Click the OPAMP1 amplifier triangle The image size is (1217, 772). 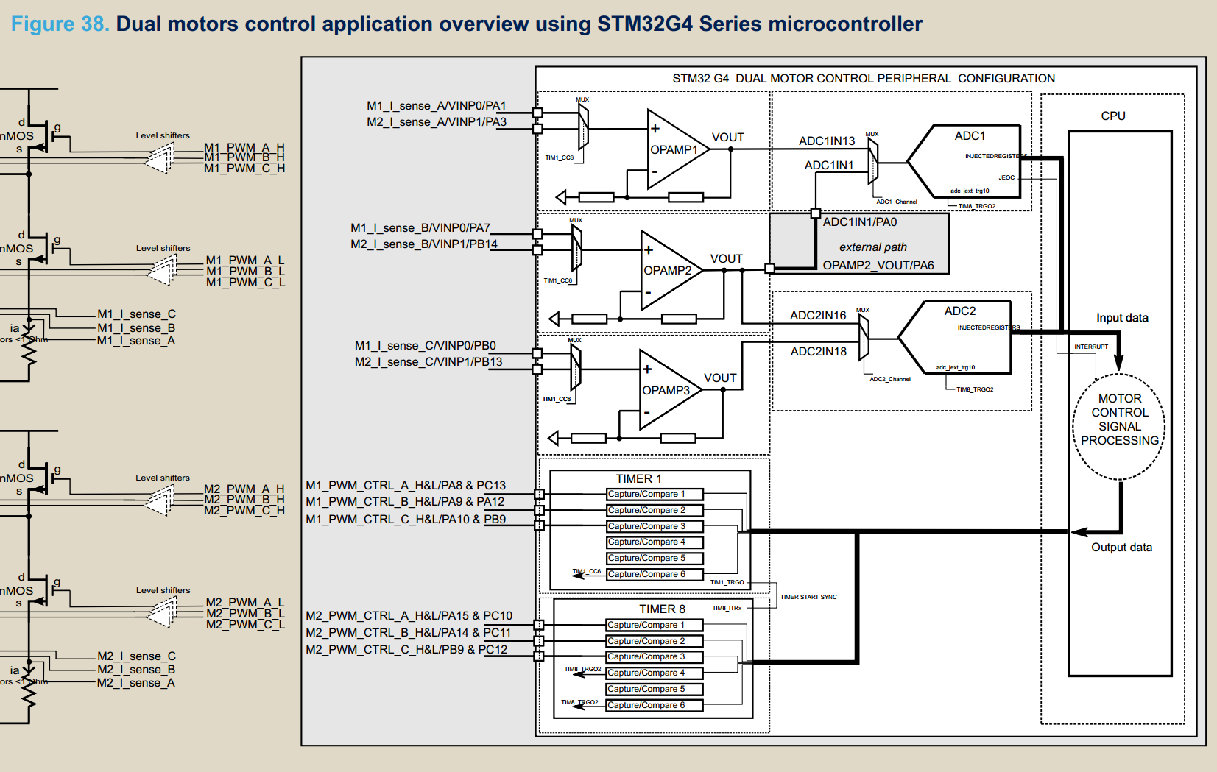(674, 149)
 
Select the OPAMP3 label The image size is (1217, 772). (666, 390)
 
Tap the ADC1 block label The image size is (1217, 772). (970, 136)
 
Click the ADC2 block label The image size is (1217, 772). (960, 311)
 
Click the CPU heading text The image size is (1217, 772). (1112, 116)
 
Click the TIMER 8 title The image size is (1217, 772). (662, 609)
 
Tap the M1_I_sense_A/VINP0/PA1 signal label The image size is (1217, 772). (436, 106)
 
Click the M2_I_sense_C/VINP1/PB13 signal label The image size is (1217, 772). (428, 362)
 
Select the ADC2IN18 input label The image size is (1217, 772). (818, 352)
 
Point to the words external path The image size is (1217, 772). (872, 247)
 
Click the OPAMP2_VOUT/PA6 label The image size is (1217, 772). (878, 266)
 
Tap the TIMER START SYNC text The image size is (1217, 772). (808, 597)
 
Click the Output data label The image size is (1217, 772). (1121, 548)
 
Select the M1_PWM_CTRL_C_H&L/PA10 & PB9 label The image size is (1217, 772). (406, 520)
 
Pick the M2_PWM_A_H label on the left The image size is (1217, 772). (244, 489)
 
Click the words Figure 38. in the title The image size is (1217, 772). (60, 24)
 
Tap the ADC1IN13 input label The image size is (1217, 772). (827, 141)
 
